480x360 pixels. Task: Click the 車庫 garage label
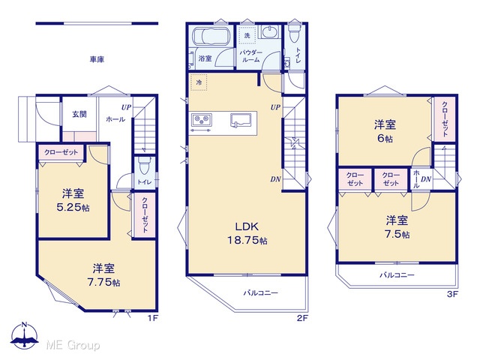97,59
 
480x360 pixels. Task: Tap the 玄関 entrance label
79,114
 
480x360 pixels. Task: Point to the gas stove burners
202,120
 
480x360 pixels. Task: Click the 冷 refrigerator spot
199,82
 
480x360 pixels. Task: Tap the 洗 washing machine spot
247,35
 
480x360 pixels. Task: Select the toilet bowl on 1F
143,166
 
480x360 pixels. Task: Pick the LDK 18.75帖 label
247,233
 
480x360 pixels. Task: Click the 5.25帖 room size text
73,207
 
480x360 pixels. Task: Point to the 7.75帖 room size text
103,282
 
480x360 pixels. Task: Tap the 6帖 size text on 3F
385,138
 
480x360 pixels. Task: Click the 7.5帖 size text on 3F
397,234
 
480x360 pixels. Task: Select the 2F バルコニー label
261,293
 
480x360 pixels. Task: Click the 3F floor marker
452,295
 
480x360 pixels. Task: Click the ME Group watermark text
73,345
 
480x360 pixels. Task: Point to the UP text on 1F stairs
126,107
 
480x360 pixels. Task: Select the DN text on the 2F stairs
275,179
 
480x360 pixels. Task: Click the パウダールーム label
250,56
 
